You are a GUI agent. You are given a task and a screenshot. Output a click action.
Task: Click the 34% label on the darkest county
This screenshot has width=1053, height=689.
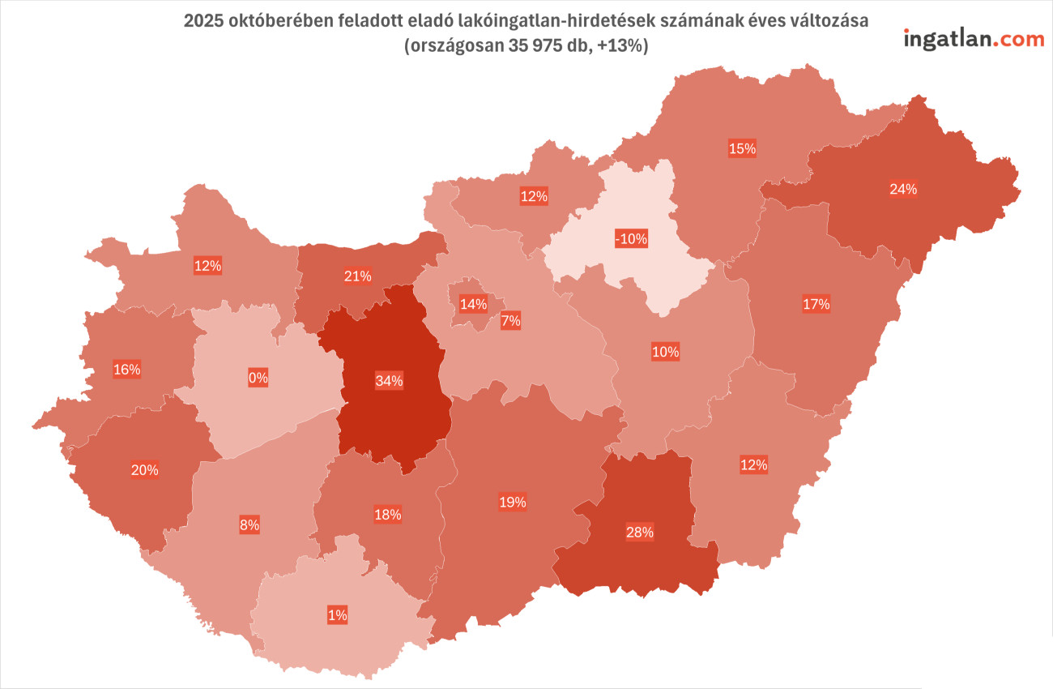pos(389,381)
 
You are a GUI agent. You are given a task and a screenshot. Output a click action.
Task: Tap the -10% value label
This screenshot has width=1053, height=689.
pos(631,239)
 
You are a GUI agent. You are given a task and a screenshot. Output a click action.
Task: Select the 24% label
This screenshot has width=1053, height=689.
pos(903,189)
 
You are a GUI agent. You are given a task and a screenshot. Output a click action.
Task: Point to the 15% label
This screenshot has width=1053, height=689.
pos(742,148)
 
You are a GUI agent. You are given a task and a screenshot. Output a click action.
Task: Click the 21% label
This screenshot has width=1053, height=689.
pos(357,276)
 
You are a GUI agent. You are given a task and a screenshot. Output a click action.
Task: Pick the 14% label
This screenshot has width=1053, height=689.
pos(473,305)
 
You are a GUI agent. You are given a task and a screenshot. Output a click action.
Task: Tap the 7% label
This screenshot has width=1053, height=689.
pos(510,320)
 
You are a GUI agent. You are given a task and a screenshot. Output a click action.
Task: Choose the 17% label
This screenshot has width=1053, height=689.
pos(816,304)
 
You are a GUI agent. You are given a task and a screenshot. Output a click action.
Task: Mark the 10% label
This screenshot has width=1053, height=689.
pos(665,352)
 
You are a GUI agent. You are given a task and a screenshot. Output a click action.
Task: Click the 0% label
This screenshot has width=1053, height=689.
pos(258,377)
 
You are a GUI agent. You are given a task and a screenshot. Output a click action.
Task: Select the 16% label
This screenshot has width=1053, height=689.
pos(127,370)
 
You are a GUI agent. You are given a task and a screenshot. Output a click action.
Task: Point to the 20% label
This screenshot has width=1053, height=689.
pos(145,469)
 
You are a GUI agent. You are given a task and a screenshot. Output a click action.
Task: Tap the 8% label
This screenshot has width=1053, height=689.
pos(249,524)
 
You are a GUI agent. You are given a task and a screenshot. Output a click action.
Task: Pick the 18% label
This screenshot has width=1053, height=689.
pos(388,514)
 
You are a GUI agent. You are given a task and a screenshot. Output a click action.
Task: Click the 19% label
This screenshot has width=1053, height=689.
pos(512,502)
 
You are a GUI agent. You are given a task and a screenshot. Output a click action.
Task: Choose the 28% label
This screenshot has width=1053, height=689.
pos(639,532)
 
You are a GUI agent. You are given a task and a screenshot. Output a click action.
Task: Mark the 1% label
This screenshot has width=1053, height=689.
pos(338,614)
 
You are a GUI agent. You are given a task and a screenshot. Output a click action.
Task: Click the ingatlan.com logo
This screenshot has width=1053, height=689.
pos(974,38)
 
